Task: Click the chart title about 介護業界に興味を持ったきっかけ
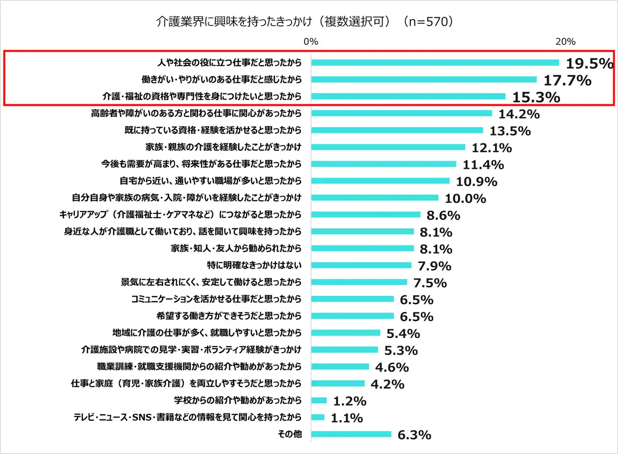(305, 22)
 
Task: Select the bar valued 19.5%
(435, 62)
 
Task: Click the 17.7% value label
(567, 80)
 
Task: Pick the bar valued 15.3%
(408, 96)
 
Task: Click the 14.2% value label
(519, 114)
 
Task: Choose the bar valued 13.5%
(397, 130)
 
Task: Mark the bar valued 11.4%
(383, 164)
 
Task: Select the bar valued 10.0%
(375, 198)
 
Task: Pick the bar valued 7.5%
(359, 282)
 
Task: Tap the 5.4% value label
(404, 333)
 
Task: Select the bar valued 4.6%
(340, 367)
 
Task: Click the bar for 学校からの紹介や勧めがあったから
(319, 400)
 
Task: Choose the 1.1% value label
(347, 418)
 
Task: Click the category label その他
(290, 434)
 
